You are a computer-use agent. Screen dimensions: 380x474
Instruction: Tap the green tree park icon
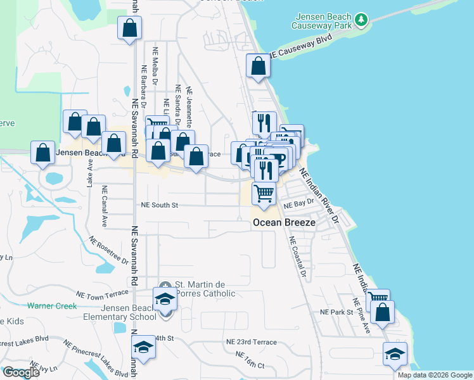click(x=361, y=20)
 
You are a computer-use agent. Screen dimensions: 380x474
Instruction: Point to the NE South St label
click(x=160, y=205)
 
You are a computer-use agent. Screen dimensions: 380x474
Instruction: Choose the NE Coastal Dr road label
click(x=297, y=258)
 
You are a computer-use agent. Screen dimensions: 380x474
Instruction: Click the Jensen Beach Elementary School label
click(x=120, y=312)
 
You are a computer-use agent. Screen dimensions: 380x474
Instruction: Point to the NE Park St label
click(x=336, y=313)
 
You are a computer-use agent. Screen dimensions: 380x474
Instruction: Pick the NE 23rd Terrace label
click(x=251, y=342)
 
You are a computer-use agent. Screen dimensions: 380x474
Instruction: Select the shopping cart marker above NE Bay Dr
click(x=264, y=193)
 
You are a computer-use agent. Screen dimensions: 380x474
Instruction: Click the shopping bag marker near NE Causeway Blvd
click(x=258, y=66)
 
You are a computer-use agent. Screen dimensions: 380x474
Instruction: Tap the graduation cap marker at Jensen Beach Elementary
click(x=165, y=298)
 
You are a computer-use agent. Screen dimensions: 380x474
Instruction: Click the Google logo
click(x=21, y=372)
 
